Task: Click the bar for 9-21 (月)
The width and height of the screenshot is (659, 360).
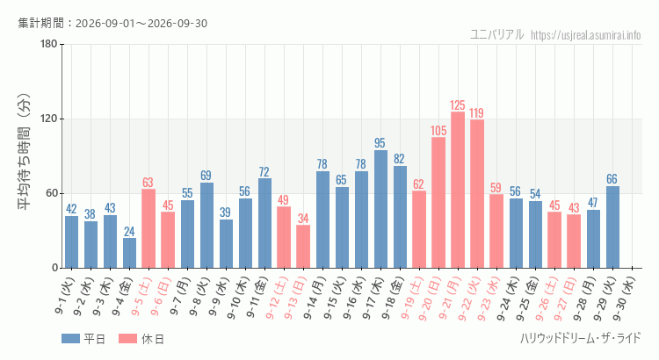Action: point(458,190)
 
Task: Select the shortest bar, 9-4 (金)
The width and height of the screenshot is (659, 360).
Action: point(129,253)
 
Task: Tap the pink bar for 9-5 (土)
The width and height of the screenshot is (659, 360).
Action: point(148,228)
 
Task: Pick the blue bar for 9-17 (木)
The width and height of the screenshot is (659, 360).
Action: point(380,209)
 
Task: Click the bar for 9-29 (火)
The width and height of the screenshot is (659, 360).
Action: point(612,227)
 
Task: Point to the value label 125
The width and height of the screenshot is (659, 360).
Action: point(458,105)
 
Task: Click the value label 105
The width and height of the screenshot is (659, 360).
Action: point(438,131)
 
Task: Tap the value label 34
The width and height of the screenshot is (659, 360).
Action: point(303,219)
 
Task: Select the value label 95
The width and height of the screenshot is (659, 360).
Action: point(380,143)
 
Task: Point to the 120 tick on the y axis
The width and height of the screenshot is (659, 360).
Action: point(48,119)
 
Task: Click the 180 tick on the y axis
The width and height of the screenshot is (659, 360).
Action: point(48,44)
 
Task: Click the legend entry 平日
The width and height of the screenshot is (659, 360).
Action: point(83,339)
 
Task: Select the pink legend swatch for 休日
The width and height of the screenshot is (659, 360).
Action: point(127,339)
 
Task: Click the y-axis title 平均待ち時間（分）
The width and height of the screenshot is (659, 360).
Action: point(24,151)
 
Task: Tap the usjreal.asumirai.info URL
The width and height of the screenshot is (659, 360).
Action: point(586,35)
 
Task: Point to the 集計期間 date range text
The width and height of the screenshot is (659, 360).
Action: point(112,23)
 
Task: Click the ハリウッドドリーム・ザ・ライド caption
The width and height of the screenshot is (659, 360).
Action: point(581,338)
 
